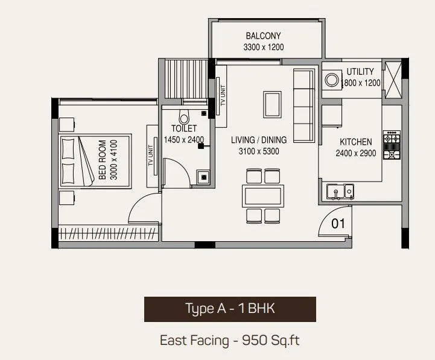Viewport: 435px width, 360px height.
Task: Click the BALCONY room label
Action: click(x=263, y=36)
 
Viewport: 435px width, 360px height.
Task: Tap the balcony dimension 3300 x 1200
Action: click(x=263, y=47)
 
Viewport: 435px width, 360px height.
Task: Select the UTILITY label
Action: click(x=360, y=72)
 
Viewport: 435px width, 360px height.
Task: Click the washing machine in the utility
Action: click(x=332, y=80)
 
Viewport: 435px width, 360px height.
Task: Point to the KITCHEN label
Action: click(x=355, y=142)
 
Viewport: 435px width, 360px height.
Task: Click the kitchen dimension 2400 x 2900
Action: click(x=355, y=153)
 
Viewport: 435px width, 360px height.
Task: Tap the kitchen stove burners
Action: click(x=392, y=145)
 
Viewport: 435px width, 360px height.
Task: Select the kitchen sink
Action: click(x=340, y=191)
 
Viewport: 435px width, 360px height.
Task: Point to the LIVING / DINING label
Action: click(x=259, y=140)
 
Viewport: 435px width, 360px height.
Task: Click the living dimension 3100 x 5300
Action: click(x=259, y=151)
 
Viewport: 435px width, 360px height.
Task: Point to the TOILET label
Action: click(x=183, y=128)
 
